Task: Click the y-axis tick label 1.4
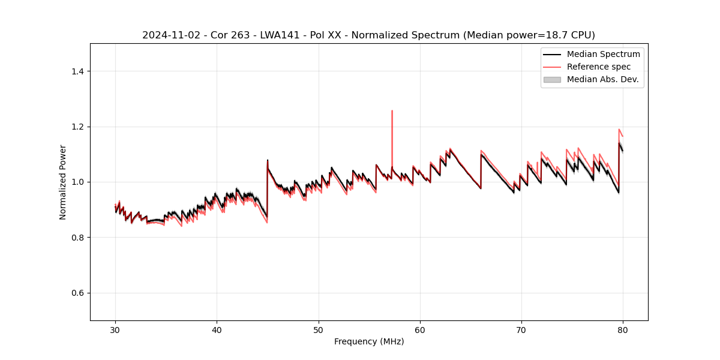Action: [77, 71]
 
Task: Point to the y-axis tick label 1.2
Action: [77, 127]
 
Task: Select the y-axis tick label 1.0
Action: [77, 182]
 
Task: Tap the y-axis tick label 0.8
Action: [77, 238]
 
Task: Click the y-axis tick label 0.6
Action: [77, 293]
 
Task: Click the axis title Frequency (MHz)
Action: [369, 341]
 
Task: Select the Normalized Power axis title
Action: [63, 182]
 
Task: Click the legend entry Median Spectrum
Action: [603, 54]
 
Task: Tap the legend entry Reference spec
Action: [599, 67]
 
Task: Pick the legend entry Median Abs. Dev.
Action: [602, 79]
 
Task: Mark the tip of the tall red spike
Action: [392, 110]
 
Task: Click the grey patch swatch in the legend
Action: [552, 79]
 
